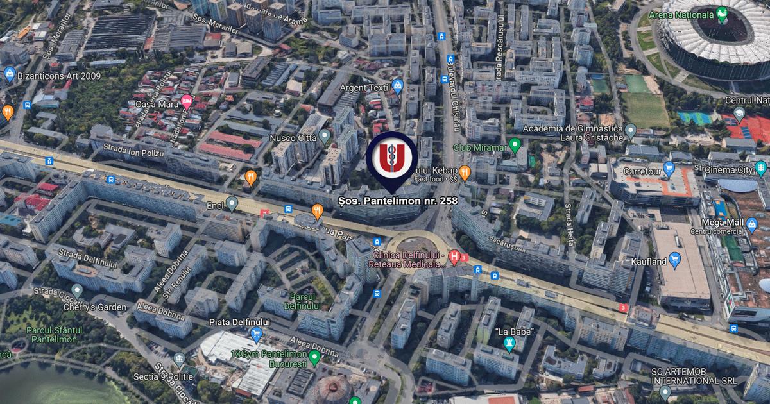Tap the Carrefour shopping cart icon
point(669,170)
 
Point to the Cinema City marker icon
point(761,169)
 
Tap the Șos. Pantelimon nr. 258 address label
point(398,201)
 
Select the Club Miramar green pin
point(515,145)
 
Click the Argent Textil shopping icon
point(398,86)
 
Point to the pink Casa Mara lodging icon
point(187,101)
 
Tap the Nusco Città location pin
point(325,136)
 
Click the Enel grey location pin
point(232,203)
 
